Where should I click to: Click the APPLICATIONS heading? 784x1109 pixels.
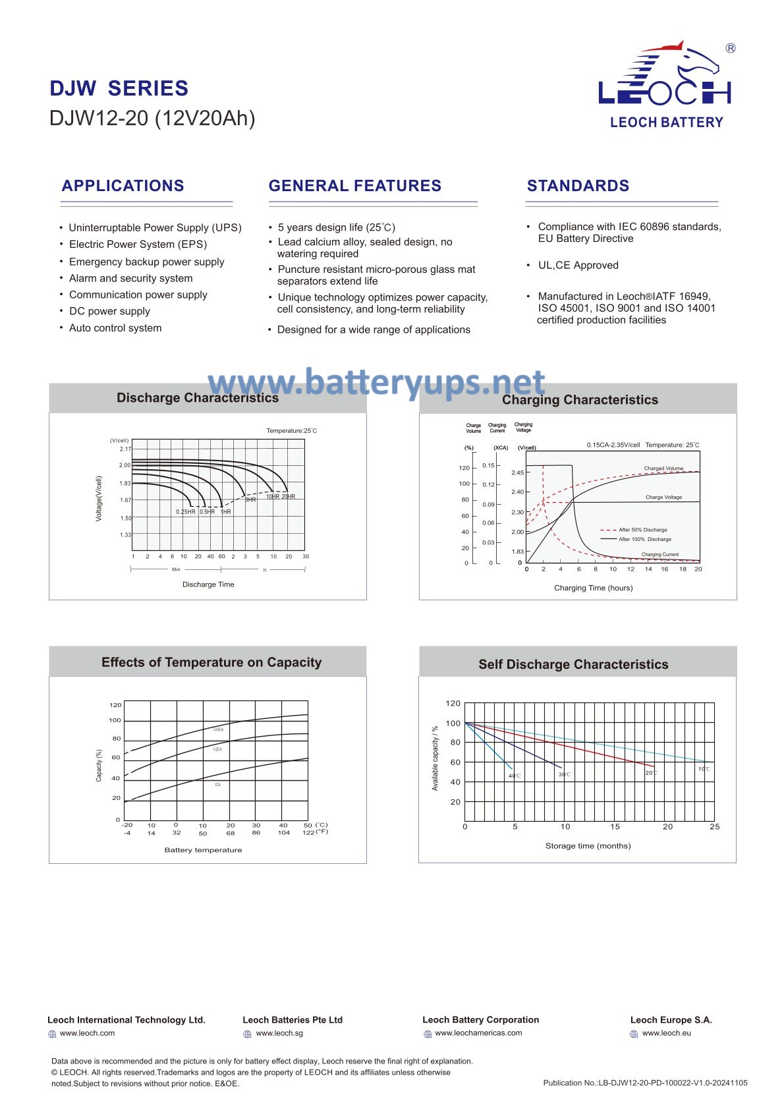point(123,186)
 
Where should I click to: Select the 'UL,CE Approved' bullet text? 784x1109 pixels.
point(578,266)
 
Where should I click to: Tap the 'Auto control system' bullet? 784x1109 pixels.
point(115,328)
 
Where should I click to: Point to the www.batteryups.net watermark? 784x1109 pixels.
point(376,383)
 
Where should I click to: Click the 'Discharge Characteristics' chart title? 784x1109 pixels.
point(198,398)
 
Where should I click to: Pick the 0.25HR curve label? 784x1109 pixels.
point(185,512)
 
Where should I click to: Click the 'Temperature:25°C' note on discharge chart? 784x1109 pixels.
point(291,431)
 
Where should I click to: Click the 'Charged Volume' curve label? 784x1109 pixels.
point(663,469)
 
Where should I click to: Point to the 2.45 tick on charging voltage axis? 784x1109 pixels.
point(518,472)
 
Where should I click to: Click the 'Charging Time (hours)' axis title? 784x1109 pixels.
point(593,588)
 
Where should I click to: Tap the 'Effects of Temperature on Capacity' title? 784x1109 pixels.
point(211,663)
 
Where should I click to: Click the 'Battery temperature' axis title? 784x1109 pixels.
point(203,850)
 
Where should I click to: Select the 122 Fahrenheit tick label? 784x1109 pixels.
point(308,833)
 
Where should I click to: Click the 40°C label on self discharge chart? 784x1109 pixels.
point(515,776)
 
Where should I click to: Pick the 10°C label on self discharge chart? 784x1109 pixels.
point(704,769)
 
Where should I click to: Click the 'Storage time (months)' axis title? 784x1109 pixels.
point(588,846)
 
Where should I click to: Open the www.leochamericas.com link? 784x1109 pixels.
point(478,1033)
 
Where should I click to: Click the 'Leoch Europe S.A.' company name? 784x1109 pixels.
point(671,1020)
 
